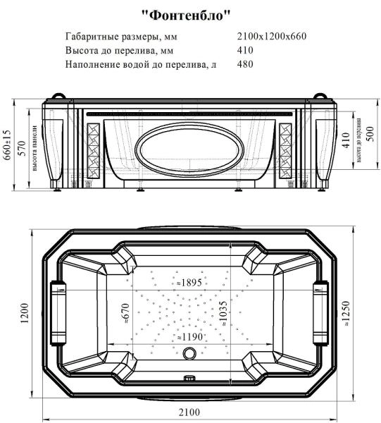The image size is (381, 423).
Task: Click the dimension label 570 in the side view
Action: [21, 149]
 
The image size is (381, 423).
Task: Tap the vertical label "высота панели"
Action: [33, 151]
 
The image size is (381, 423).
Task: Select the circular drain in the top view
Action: [189, 355]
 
